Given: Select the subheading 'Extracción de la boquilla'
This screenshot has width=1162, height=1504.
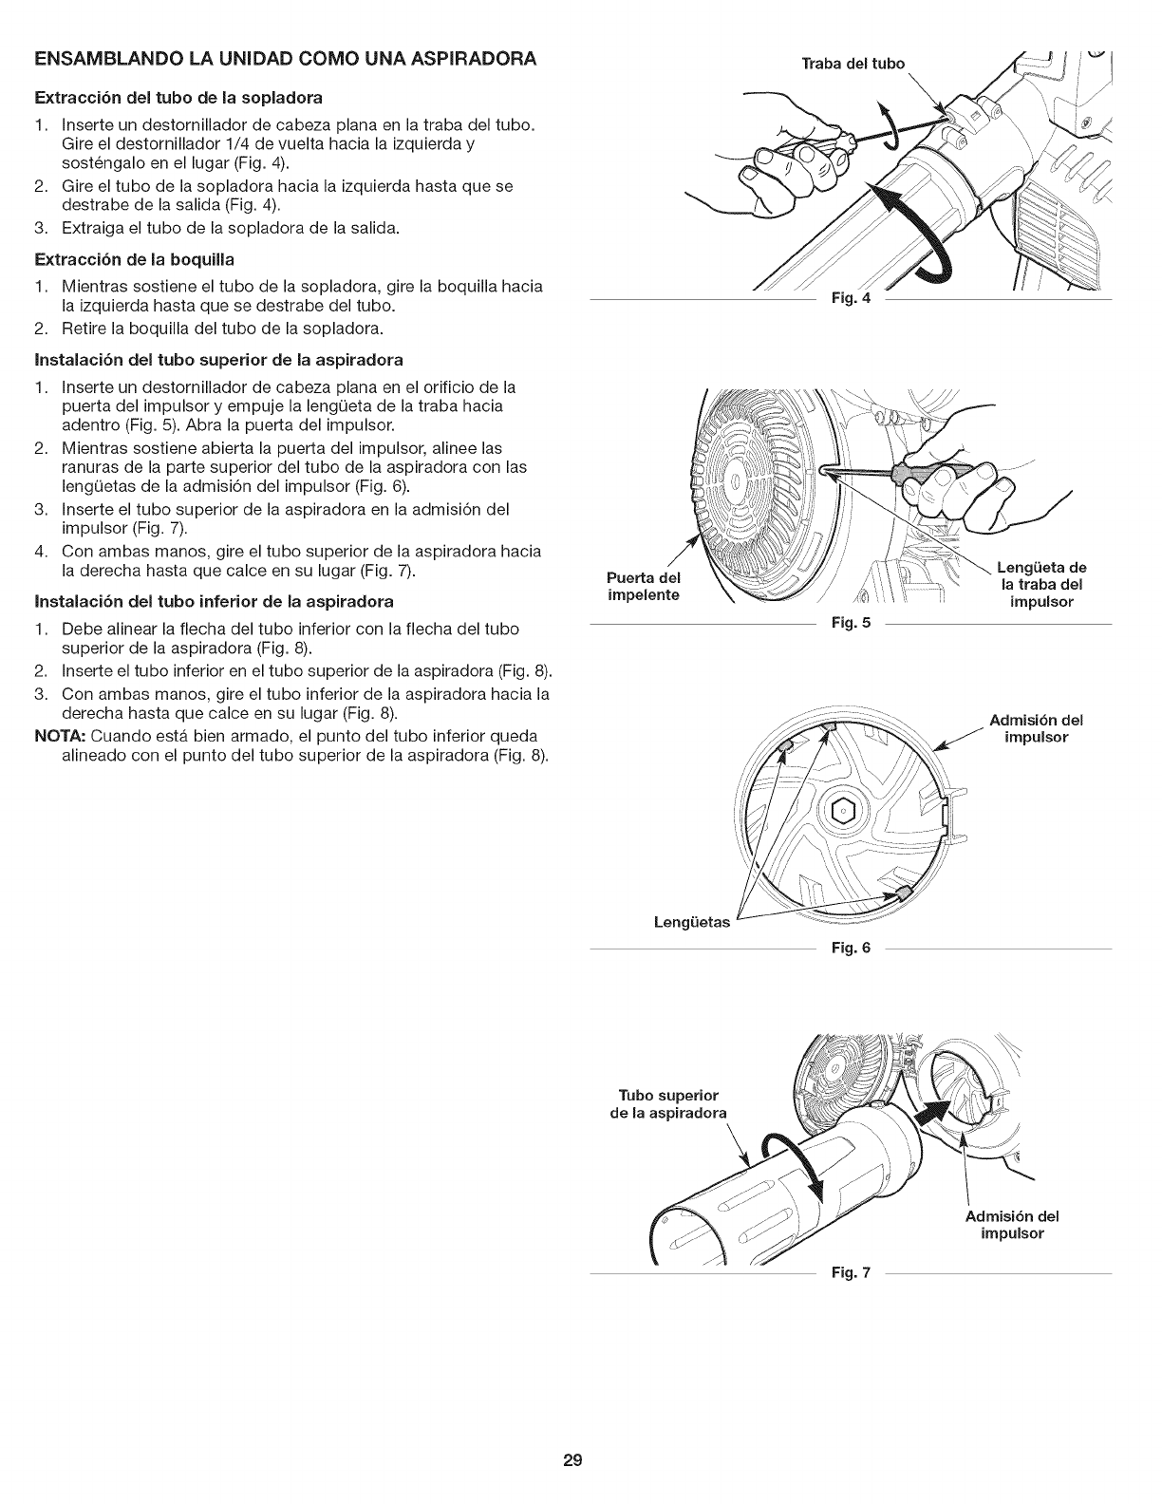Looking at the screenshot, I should pos(134,258).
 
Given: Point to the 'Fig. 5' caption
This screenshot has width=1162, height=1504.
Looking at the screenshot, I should pos(851,624).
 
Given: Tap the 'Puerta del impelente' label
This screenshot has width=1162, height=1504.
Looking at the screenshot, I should pos(644,586).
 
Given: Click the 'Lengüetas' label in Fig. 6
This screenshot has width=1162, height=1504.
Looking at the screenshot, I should pos(691,922).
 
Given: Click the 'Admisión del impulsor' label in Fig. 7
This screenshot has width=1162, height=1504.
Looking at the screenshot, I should pos(1011,1225).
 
